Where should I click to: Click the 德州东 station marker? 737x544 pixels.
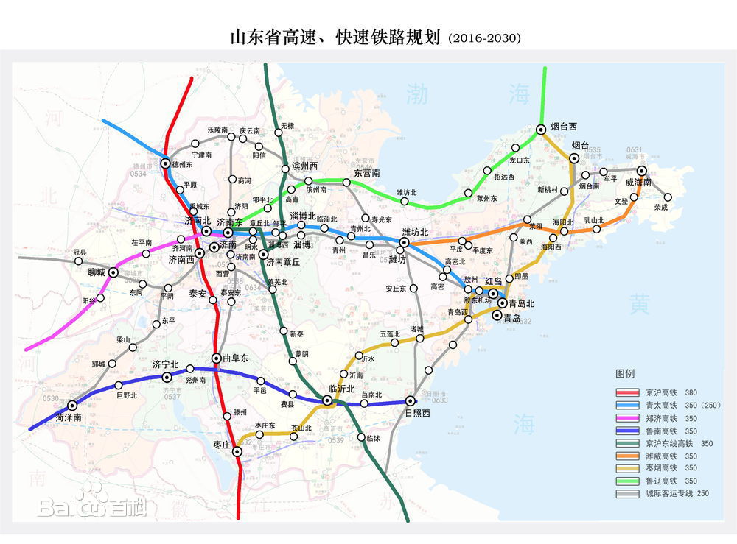[x=165, y=163]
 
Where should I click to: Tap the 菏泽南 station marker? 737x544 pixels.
[x=72, y=405]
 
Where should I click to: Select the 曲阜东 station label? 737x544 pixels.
[x=235, y=358]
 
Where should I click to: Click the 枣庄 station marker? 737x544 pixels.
[x=237, y=452]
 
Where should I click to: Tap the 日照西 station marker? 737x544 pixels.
[x=410, y=401]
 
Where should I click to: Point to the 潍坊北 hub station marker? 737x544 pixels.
[x=405, y=241]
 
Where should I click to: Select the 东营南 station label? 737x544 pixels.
[x=367, y=173]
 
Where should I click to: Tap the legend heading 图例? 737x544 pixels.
[x=625, y=372]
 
